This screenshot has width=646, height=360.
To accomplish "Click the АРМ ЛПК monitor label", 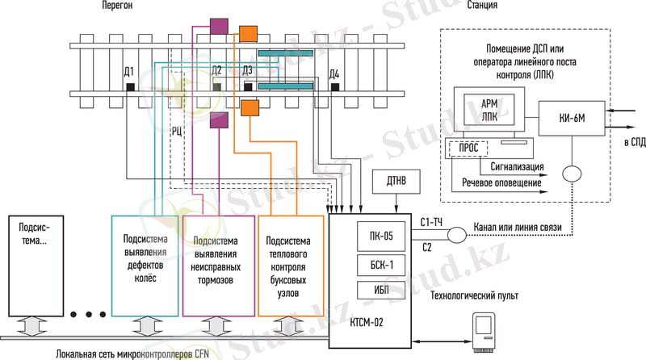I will click(489, 110).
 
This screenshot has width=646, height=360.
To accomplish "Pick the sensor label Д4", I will click(334, 75).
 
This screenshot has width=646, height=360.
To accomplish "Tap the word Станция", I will click(480, 6).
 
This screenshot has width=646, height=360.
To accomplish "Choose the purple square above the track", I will click(216, 25).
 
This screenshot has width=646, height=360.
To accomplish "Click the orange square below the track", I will click(249, 107).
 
